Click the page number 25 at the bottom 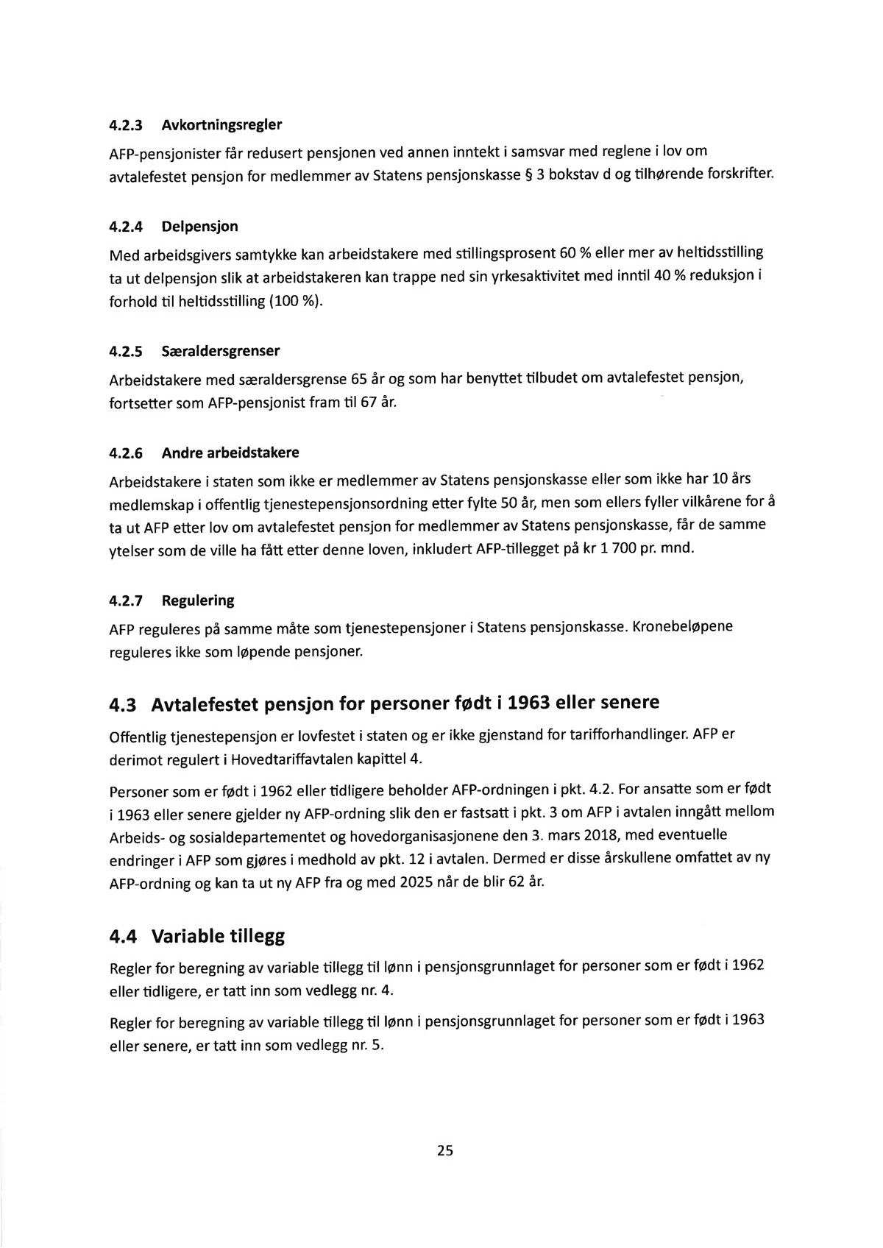(444, 1151)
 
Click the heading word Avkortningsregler (221, 125)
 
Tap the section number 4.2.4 (126, 227)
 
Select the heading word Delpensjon (199, 227)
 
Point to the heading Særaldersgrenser (220, 351)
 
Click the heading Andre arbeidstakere (230, 453)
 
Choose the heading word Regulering (197, 600)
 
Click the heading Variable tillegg (218, 937)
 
